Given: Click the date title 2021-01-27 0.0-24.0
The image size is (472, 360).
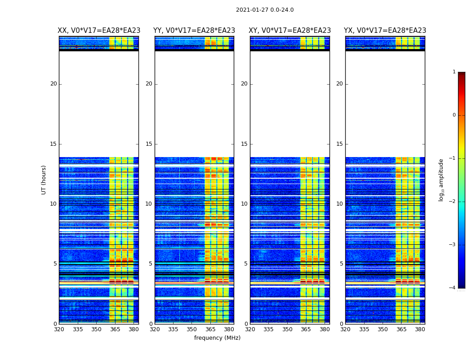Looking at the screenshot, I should (x=265, y=10).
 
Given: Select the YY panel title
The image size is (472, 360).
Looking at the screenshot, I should (x=194, y=31).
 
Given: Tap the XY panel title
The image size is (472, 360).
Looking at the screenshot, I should (x=290, y=31).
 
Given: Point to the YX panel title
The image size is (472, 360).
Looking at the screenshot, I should (x=385, y=31).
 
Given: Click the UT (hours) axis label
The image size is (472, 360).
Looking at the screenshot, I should (x=44, y=180).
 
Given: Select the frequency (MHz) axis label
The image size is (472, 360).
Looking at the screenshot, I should (x=217, y=338).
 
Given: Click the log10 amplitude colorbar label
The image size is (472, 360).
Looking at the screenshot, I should (x=441, y=180).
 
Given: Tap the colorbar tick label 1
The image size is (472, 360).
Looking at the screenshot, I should (x=454, y=72).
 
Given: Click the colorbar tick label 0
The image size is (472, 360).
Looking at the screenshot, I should (x=454, y=115).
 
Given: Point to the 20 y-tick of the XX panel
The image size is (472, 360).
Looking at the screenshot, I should (x=53, y=84).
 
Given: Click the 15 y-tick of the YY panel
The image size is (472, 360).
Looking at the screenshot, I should (x=148, y=144).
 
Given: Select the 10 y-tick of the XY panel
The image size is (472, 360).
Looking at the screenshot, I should (x=244, y=204).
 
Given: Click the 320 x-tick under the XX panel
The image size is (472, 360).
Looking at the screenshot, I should (x=59, y=329).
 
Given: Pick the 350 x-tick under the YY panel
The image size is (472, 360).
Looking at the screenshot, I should (x=192, y=329).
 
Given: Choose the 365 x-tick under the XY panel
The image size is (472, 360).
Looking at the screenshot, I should (x=306, y=329).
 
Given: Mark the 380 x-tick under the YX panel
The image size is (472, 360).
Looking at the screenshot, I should (x=420, y=329).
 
